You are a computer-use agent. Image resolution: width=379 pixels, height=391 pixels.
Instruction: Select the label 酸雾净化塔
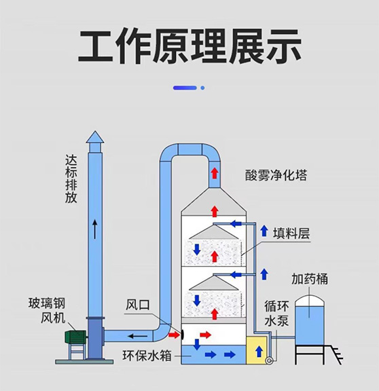coord(276,175)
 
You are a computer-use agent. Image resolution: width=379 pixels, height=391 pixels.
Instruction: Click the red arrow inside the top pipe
coord(215,172)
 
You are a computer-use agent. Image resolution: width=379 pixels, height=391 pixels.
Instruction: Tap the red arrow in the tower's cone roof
coord(215,210)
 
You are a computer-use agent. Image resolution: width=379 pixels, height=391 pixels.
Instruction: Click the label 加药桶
coord(310,278)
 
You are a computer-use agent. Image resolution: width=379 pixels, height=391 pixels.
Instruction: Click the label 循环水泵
coord(276,313)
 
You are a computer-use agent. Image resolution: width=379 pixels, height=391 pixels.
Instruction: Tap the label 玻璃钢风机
coord(48,310)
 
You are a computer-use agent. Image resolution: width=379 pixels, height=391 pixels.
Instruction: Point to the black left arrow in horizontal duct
coord(142,335)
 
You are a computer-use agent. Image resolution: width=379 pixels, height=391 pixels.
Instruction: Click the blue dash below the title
coord(185,88)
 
